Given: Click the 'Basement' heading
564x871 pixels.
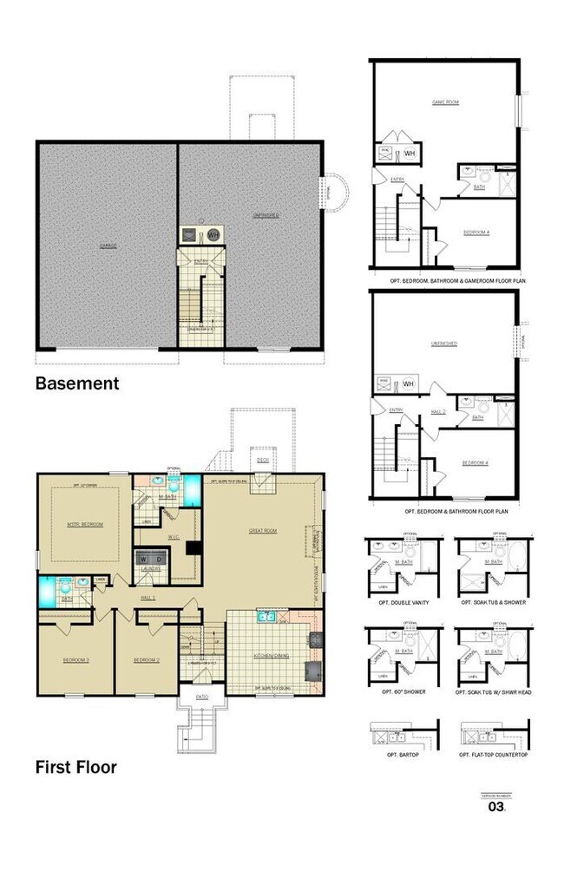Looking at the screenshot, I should tap(76, 383).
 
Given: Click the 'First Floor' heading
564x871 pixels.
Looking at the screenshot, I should tap(75, 766).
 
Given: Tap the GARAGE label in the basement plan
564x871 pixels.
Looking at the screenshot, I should tap(108, 246).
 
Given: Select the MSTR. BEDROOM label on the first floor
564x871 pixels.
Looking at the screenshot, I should tap(86, 524).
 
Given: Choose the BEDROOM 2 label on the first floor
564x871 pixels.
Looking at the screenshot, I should tap(146, 660).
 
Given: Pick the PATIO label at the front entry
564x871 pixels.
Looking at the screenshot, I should tap(202, 696).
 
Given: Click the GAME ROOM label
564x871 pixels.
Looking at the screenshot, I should tap(445, 102).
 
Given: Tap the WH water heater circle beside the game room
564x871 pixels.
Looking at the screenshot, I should tap(410, 154).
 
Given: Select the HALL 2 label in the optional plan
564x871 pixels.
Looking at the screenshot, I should tap(440, 411).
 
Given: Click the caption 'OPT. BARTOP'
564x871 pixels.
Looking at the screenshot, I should tap(399, 755).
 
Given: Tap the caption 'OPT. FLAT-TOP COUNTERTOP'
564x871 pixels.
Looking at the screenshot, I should tap(494, 755).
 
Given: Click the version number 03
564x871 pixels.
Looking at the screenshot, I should tap(495, 806).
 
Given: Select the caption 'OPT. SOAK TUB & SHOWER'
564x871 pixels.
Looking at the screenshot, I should tap(494, 601).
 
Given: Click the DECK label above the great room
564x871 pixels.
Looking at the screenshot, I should tap(262, 460).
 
